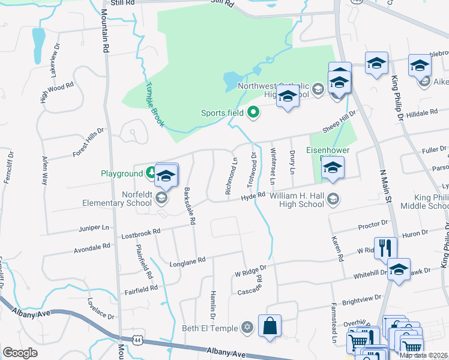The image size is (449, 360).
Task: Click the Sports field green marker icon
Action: point(253,112)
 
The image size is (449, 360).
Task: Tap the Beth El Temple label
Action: point(211,328)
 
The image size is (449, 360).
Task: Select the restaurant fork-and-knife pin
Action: point(385,247)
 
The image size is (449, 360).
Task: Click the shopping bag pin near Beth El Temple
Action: point(270,326)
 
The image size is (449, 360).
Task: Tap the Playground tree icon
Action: point(152,173)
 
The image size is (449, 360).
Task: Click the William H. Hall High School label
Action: point(297,200)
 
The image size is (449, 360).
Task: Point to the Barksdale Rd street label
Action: point(190,206)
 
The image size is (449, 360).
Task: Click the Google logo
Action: point(20,353)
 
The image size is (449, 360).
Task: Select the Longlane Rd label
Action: point(188,260)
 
